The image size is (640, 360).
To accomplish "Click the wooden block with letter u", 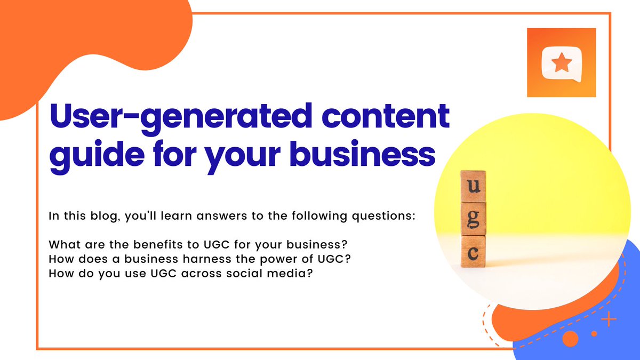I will pyautogui.click(x=473, y=186).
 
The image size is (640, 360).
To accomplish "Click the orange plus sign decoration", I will pyautogui.click(x=608, y=319).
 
